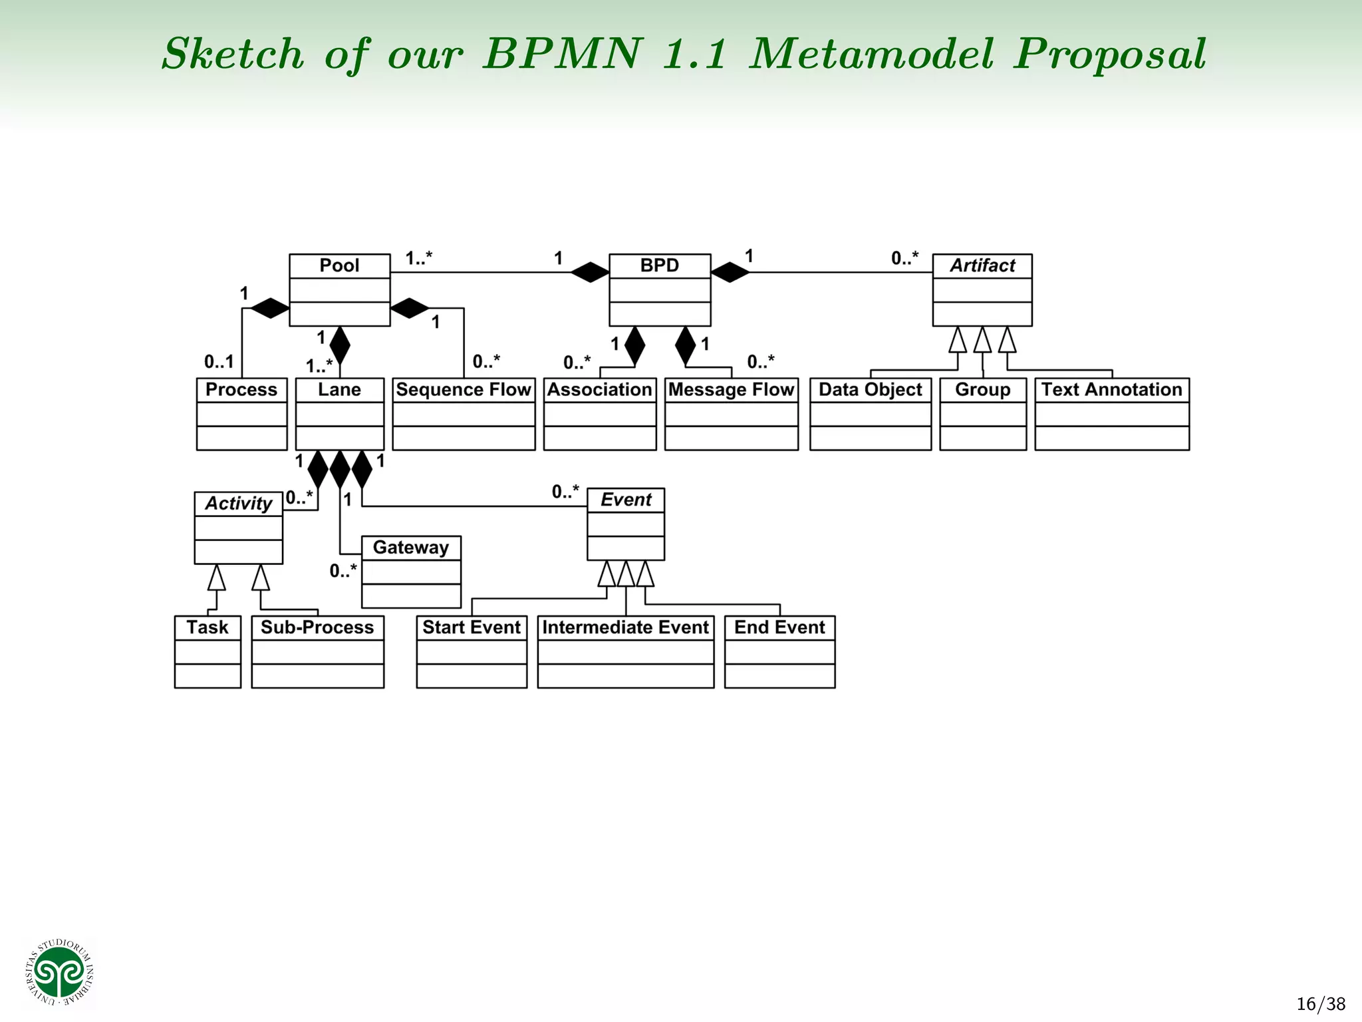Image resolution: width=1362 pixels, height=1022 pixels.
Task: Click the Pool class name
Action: coord(339,265)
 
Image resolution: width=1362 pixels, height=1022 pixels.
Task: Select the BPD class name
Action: coord(659,265)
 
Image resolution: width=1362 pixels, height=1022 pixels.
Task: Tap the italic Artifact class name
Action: coord(982,265)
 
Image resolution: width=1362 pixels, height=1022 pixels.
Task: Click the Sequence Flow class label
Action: coord(464,390)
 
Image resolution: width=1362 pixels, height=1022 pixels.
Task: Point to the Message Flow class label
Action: coord(731,390)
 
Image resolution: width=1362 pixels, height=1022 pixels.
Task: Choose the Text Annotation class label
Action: coord(1111,390)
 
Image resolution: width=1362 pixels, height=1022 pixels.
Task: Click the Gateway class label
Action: coord(410,548)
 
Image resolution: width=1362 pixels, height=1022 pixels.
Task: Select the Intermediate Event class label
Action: coord(625,627)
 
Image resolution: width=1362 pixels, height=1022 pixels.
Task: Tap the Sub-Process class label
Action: coord(317,627)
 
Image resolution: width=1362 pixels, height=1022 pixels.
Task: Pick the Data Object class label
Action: coord(870,390)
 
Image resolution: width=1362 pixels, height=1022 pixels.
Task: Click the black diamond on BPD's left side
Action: coord(590,272)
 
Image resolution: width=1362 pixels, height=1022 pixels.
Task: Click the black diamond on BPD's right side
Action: coord(730,272)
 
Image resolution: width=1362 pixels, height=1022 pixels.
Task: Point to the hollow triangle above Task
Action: coord(216,578)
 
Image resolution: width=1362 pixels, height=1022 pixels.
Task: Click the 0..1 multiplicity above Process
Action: coord(219,362)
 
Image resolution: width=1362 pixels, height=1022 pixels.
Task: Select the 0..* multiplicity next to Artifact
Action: coord(904,258)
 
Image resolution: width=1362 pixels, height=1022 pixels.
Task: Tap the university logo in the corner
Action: coord(60,972)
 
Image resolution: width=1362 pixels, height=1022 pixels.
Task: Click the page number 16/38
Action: coord(1321,1003)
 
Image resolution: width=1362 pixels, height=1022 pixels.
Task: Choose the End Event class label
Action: coord(779,627)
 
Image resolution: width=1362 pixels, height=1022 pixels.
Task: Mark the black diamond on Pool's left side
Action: coord(269,308)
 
